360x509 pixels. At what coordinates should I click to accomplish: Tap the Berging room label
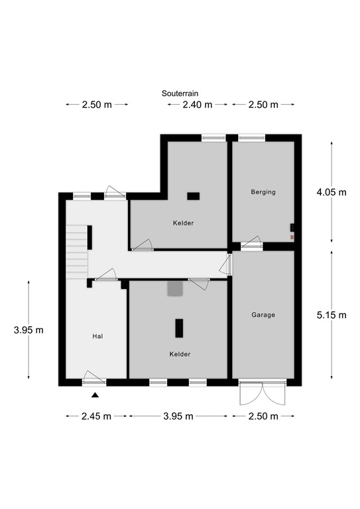click(263, 192)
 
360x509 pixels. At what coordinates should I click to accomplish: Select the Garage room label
click(263, 315)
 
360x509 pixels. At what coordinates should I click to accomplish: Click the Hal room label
click(97, 337)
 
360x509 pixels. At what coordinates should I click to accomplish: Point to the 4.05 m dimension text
click(332, 193)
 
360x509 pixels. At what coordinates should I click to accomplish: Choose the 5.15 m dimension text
click(332, 315)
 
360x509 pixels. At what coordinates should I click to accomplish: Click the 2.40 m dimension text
click(197, 105)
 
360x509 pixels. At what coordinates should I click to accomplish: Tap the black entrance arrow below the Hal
click(95, 396)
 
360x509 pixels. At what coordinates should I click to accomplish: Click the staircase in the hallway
click(78, 245)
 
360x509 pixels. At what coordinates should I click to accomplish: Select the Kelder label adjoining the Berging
click(183, 223)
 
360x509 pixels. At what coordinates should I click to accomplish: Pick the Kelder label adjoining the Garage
click(180, 354)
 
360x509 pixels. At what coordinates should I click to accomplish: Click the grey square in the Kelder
click(175, 288)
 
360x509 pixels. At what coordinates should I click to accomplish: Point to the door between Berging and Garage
click(251, 246)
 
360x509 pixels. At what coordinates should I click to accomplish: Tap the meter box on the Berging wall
click(292, 229)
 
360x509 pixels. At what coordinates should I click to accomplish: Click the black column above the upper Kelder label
click(193, 196)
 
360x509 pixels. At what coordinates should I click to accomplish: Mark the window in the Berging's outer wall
click(251, 138)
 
